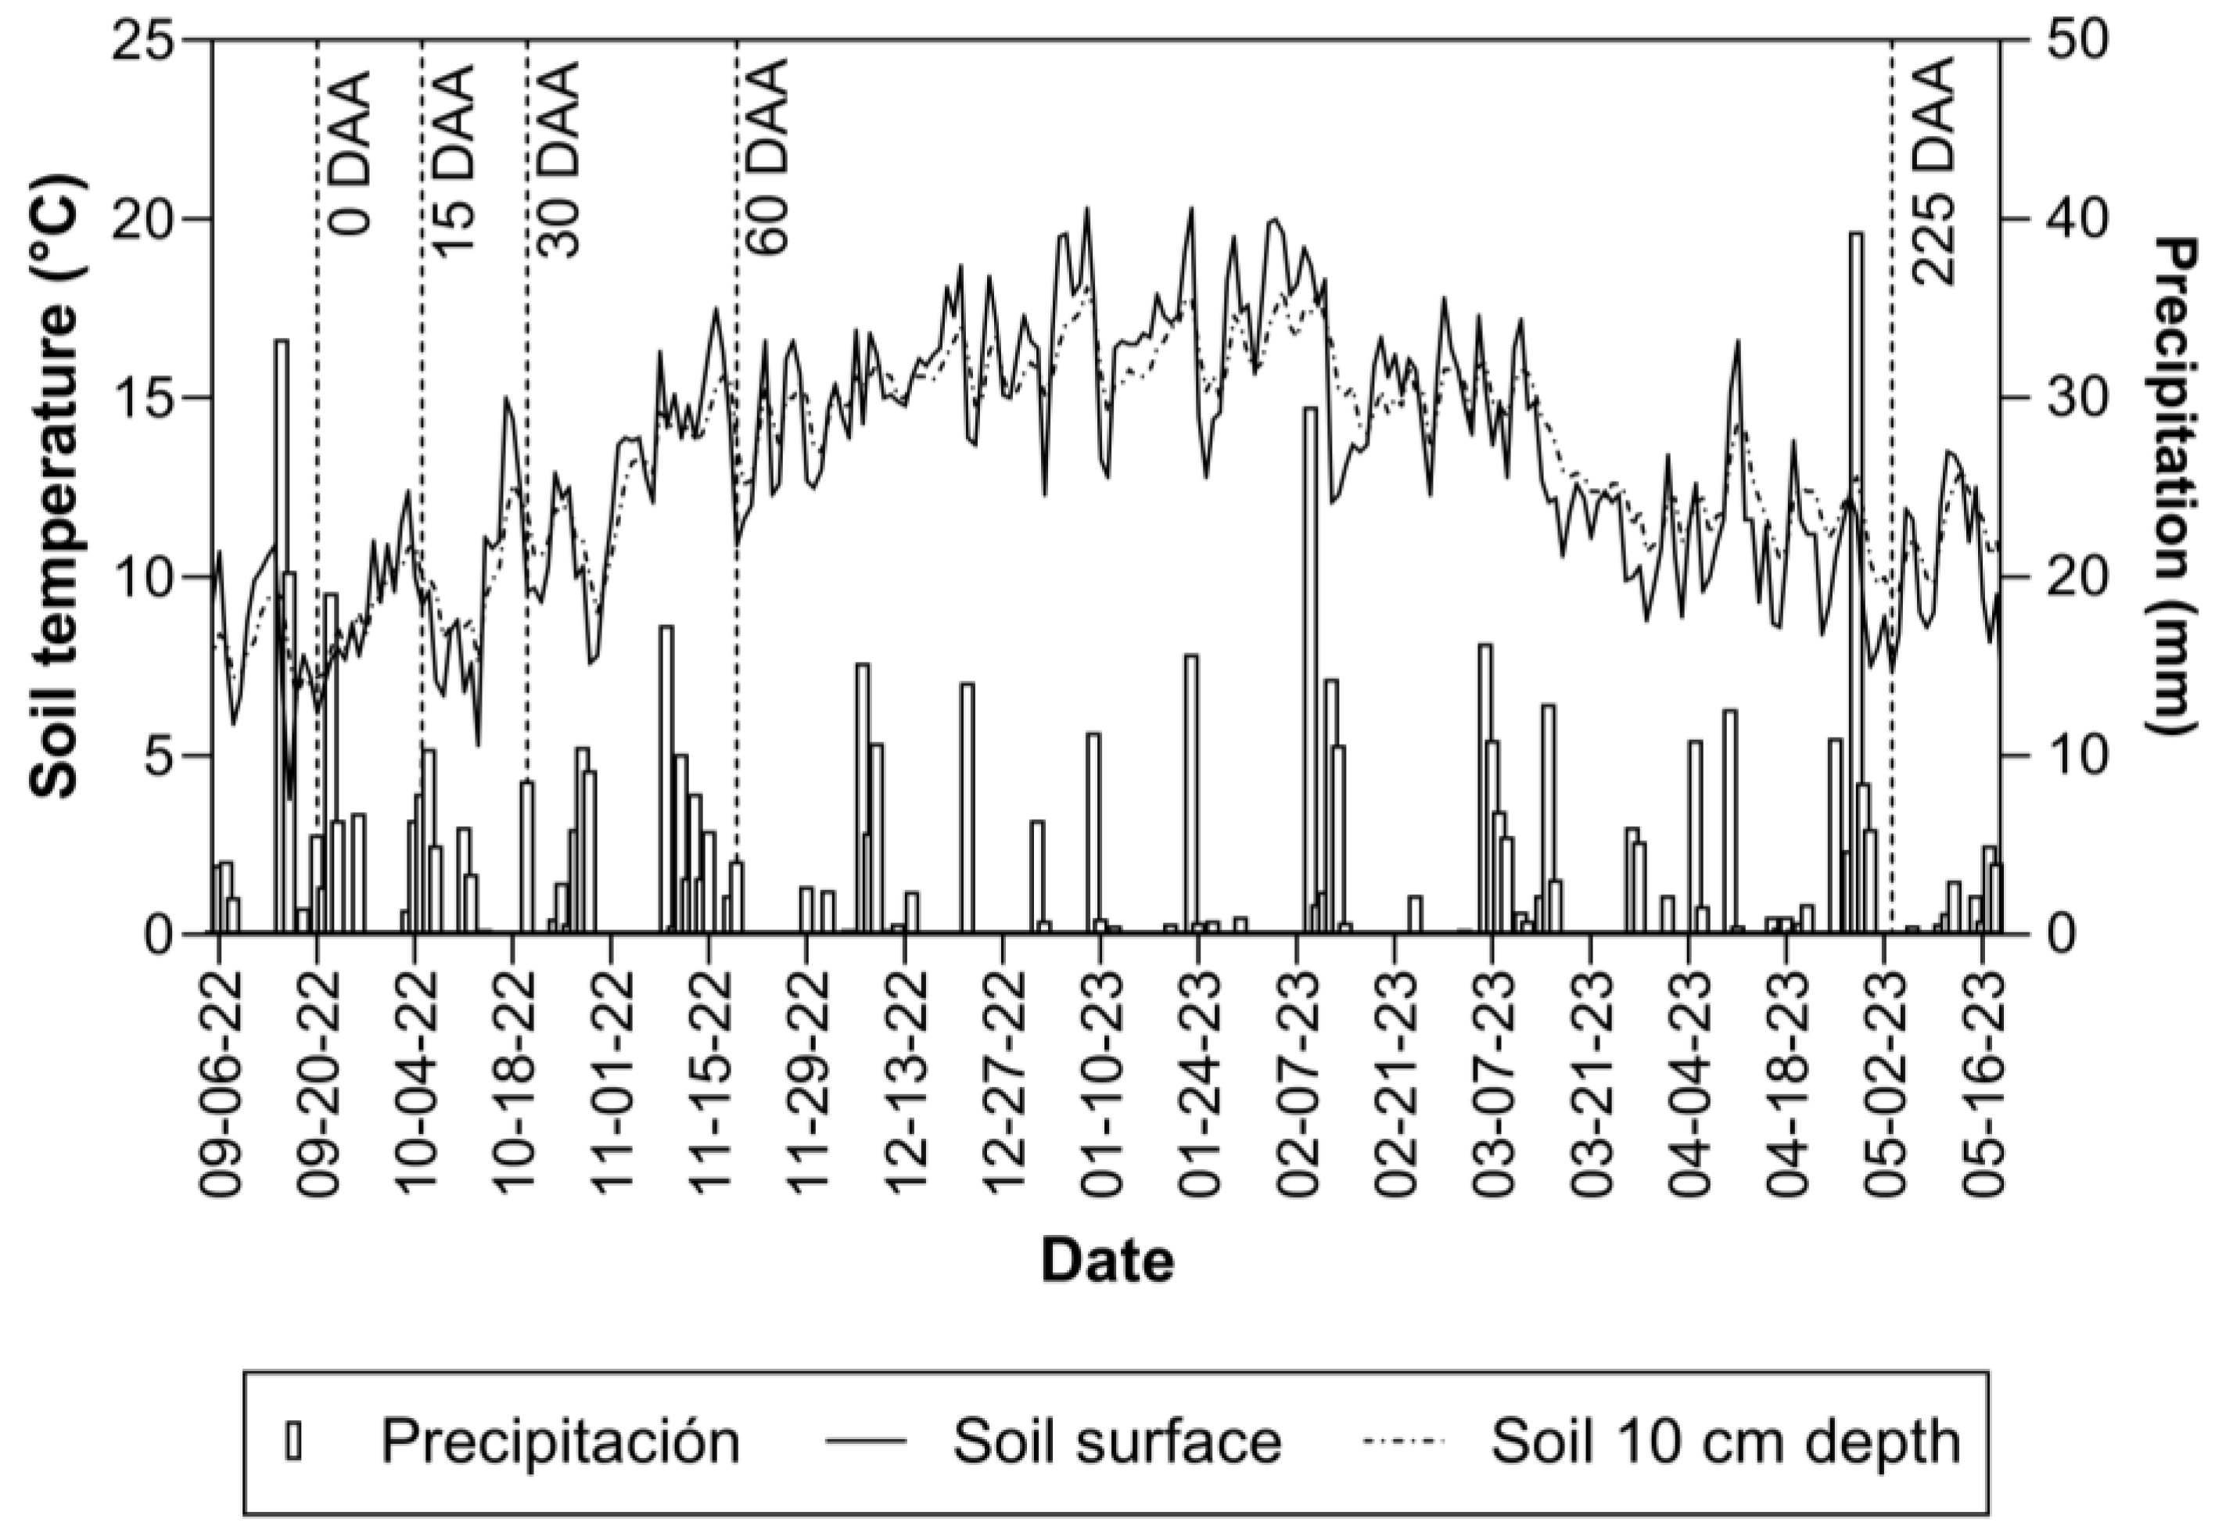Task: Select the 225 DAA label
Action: [1933, 170]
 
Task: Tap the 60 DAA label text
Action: [768, 156]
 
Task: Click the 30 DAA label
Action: [559, 160]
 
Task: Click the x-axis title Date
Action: [1107, 1261]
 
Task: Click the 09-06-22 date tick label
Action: [219, 1082]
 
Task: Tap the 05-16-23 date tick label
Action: [1983, 1082]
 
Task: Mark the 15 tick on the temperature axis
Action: [144, 397]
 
